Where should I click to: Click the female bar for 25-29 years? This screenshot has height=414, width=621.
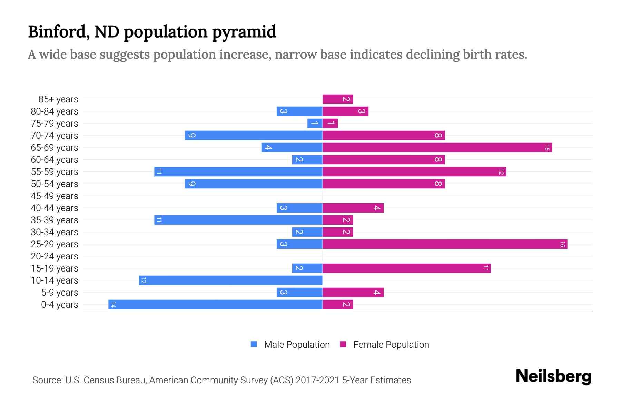(x=445, y=244)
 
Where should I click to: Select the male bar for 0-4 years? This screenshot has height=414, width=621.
(x=215, y=305)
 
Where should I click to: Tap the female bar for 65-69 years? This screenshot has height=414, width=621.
(x=437, y=148)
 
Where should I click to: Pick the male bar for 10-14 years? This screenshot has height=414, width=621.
(x=230, y=280)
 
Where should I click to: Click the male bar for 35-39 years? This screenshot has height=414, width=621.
(x=238, y=220)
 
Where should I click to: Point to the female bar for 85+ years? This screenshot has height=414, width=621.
(x=337, y=99)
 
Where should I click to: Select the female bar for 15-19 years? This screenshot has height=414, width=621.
(x=406, y=268)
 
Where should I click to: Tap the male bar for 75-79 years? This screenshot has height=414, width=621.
(x=315, y=124)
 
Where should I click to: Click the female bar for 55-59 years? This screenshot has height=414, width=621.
(x=414, y=172)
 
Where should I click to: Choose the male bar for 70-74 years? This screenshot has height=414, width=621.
(x=254, y=136)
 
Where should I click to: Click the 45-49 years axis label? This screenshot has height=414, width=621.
(x=55, y=196)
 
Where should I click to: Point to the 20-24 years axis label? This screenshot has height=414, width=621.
(x=55, y=256)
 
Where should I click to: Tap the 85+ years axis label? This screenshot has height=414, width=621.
(x=58, y=99)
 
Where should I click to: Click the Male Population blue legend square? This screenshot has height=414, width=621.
(x=254, y=344)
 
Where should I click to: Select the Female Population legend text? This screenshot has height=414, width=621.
(x=391, y=345)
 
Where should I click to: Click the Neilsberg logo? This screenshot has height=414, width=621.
(x=553, y=376)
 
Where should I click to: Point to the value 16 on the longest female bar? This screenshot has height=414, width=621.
(x=562, y=244)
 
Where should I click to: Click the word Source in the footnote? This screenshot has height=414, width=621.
(x=47, y=380)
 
